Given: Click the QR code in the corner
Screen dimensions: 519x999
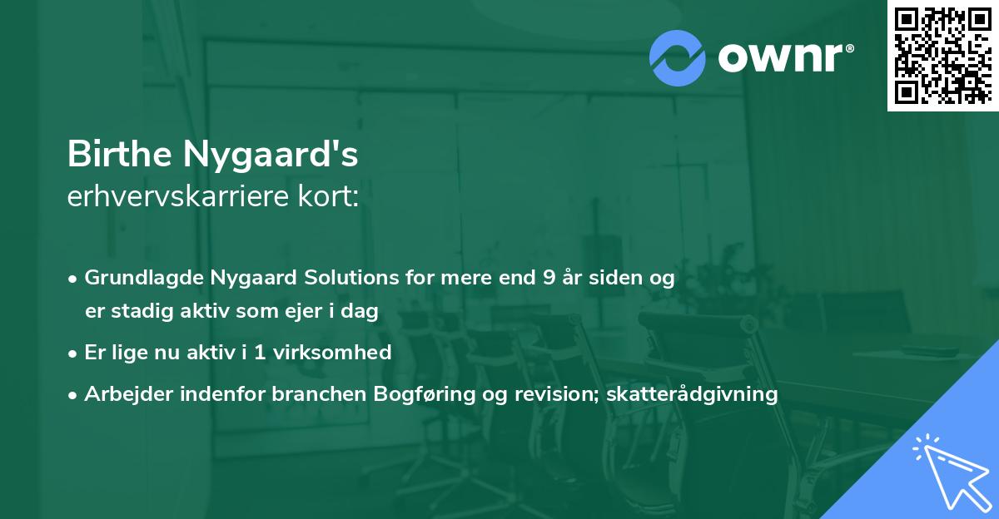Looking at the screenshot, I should pyautogui.click(x=942, y=55).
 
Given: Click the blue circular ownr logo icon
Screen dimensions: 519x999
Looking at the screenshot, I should pyautogui.click(x=677, y=57).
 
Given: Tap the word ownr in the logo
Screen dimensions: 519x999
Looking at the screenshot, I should pyautogui.click(x=782, y=58).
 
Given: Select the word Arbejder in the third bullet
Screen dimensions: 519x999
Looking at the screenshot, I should pyautogui.click(x=121, y=394).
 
